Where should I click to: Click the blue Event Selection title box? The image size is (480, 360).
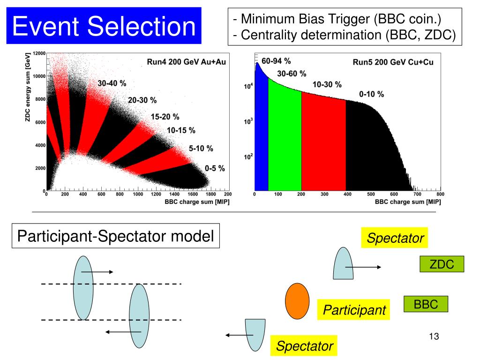pos(104,25)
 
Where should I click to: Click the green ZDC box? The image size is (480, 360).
pos(442,264)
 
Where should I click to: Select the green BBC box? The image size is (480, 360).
pos(426,304)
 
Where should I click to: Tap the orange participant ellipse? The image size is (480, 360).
pos(297,300)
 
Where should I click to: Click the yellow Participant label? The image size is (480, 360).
pos(354,310)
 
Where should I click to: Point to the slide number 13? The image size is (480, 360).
pos(433,337)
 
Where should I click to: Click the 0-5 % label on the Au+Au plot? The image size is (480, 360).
pos(215,168)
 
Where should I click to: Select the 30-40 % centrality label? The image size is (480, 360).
pos(112,83)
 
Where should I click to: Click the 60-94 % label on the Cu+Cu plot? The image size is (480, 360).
pos(277,61)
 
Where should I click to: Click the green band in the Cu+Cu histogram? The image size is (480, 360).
pos(285,141)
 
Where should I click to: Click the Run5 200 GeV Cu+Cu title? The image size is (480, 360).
pos(393,62)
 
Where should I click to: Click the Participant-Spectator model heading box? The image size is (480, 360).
pos(115,236)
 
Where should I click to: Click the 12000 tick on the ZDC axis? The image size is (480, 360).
pos(39,53)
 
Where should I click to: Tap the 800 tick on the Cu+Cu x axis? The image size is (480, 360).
pos(440,194)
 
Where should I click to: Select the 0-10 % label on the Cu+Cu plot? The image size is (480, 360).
pos(371,94)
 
